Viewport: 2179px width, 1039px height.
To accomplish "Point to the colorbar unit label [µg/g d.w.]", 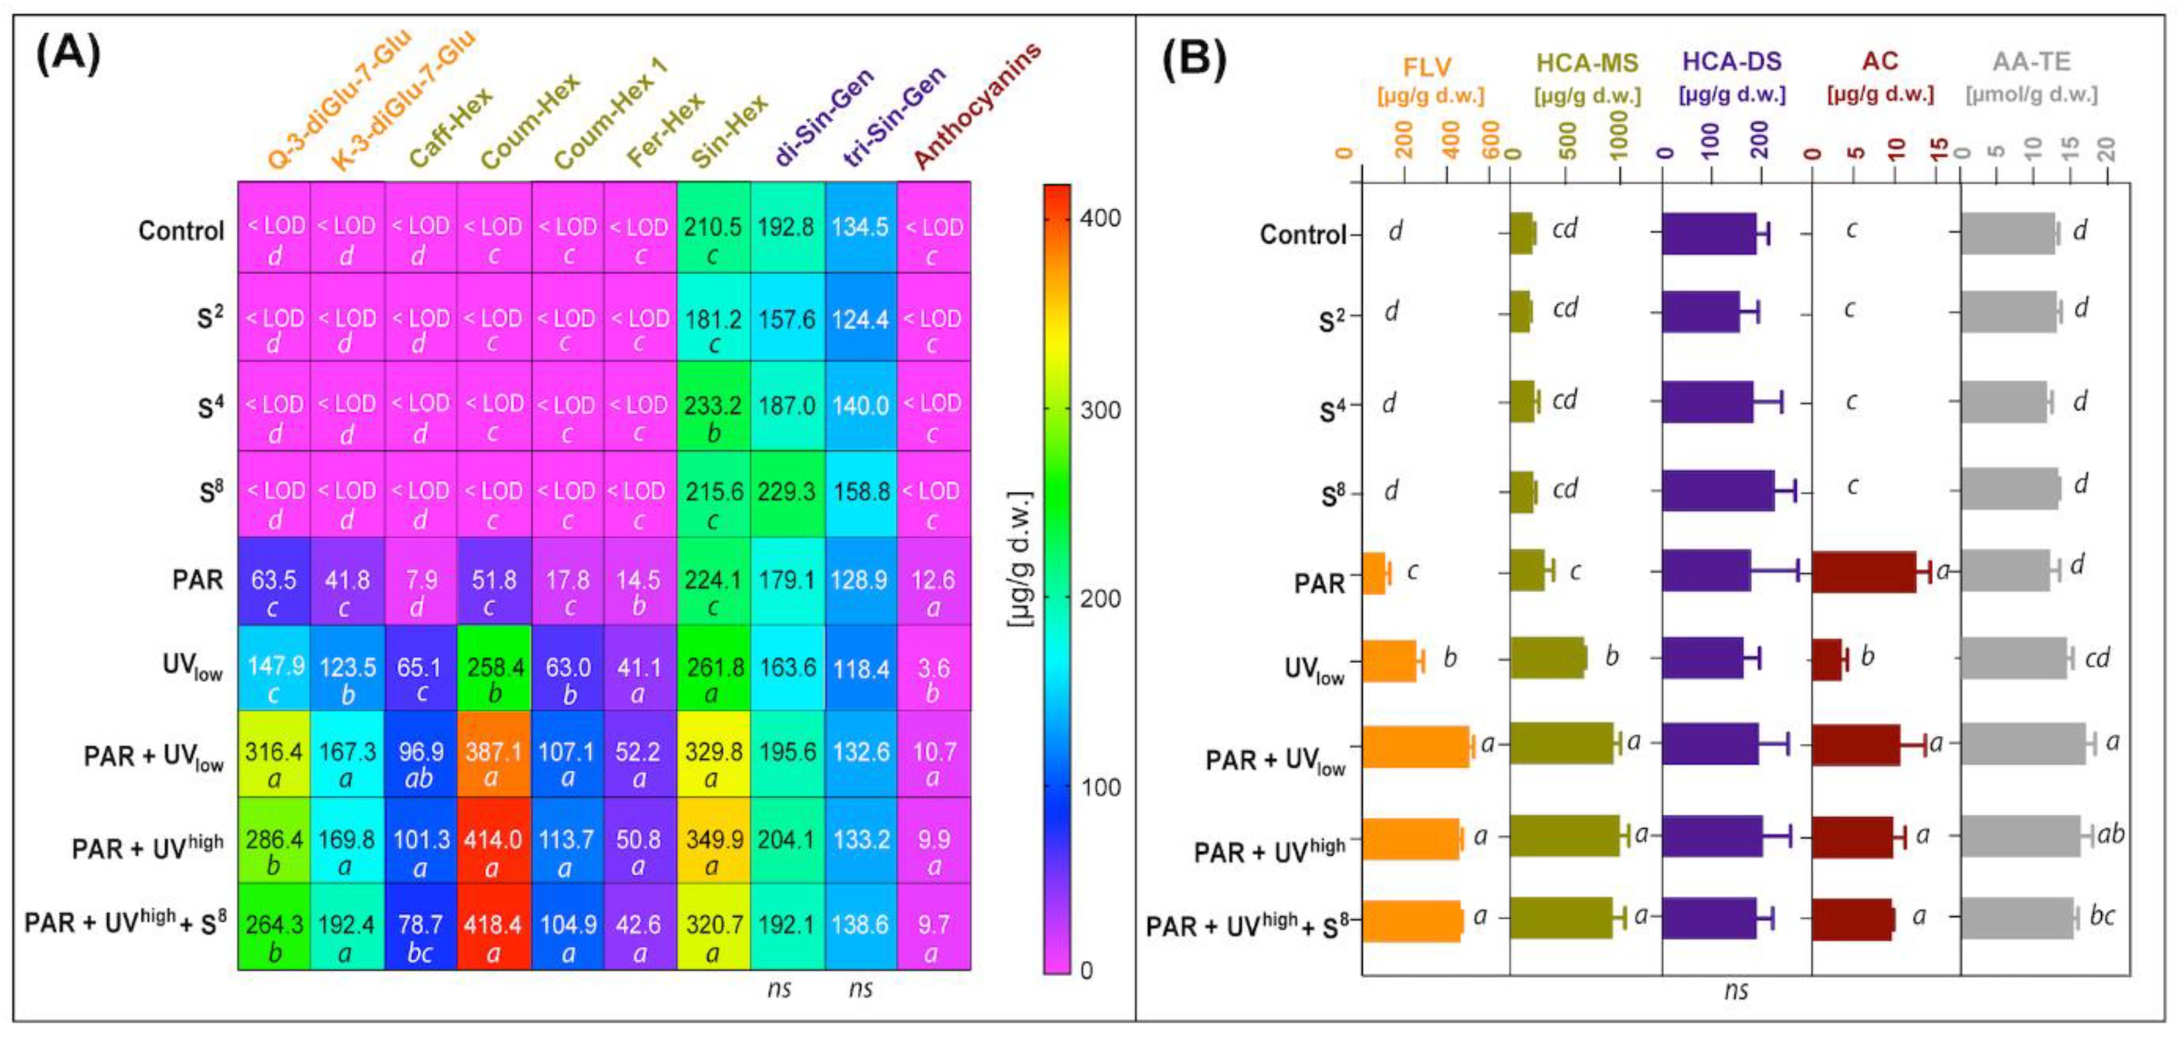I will pos(1022,558).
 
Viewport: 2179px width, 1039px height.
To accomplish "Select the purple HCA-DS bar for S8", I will pos(1717,490).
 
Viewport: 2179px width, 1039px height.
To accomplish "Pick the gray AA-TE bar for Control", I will pos(2007,233).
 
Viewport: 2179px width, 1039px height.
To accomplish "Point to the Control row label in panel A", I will pos(181,231).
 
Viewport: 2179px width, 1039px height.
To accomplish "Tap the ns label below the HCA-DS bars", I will pos(1736,990).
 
